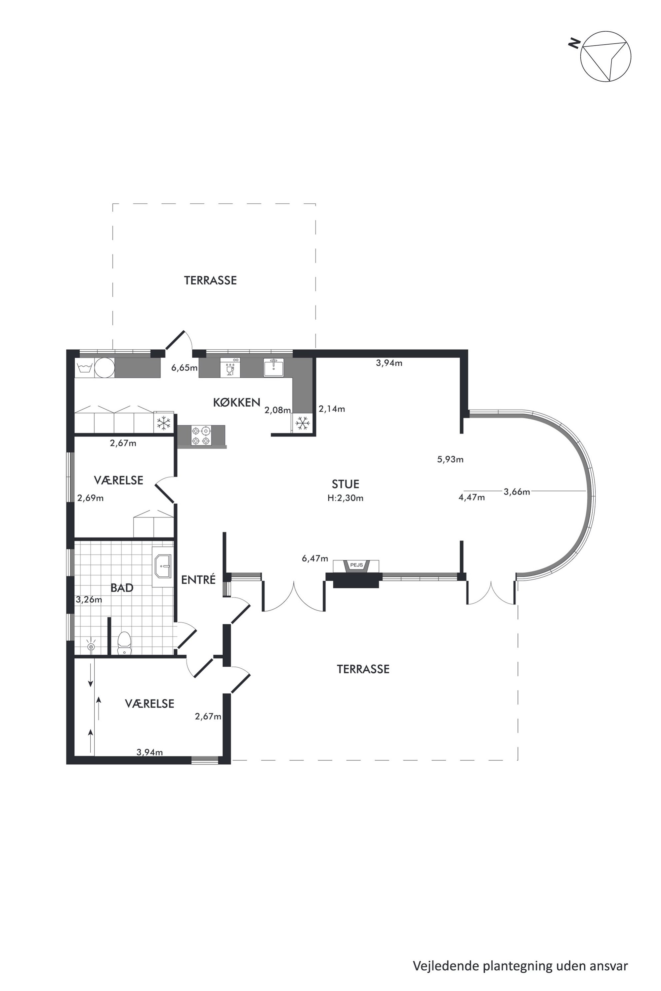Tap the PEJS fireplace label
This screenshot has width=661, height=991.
point(356,565)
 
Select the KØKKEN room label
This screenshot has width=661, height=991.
point(237,402)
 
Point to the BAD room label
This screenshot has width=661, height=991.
point(122,588)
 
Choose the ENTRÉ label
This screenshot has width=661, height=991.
point(198,579)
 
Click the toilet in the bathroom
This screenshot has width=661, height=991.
point(124,643)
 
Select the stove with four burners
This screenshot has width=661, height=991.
point(201,436)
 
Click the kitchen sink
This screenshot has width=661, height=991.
point(274,367)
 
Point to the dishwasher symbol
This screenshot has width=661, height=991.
point(230,367)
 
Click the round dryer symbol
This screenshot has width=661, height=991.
point(105,368)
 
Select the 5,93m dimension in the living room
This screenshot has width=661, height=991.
point(450,459)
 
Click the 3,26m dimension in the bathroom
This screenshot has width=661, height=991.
point(89,600)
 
